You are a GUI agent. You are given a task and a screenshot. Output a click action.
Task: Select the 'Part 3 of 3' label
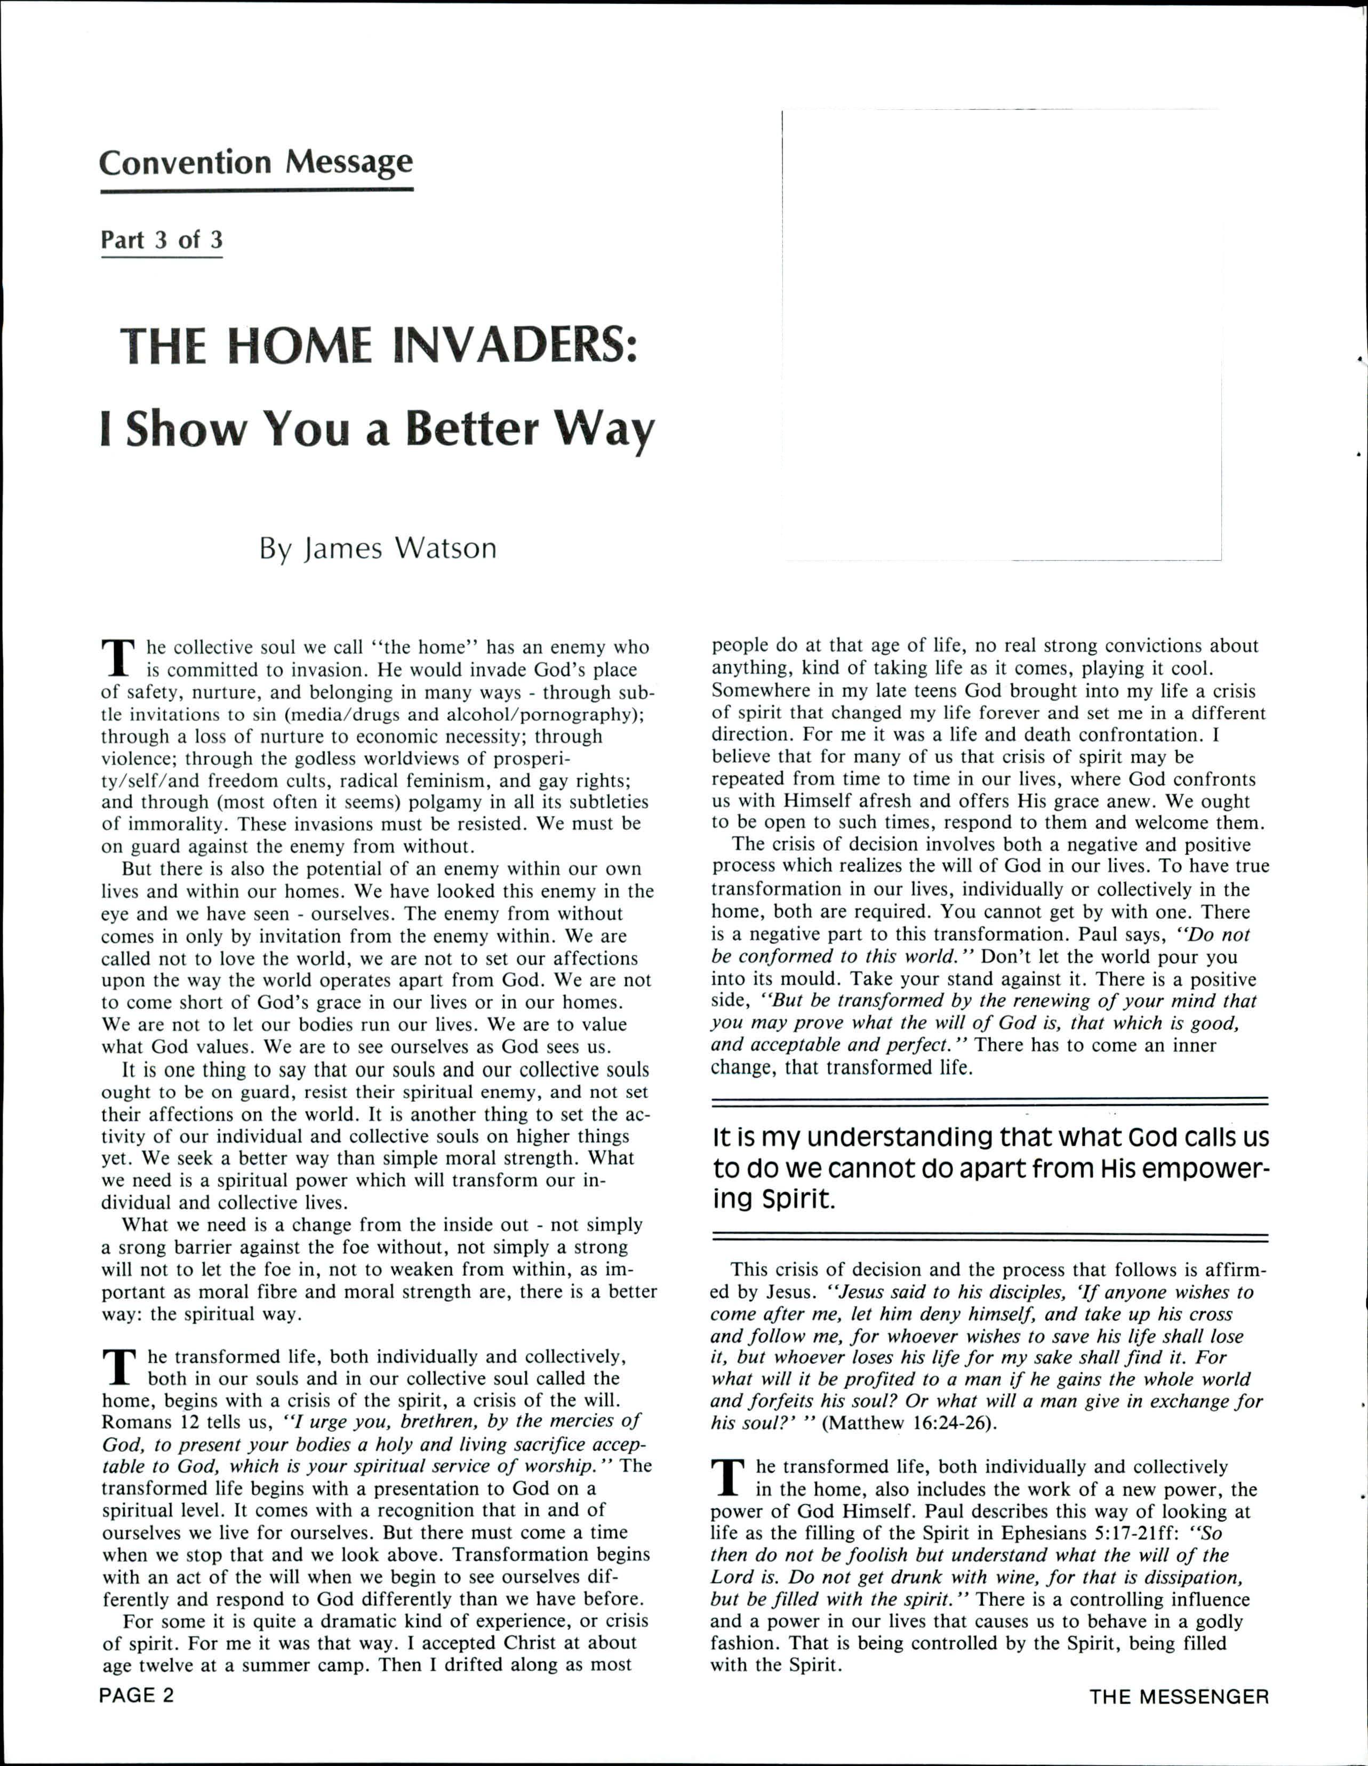[x=161, y=240]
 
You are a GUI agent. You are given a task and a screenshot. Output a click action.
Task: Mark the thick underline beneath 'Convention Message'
[x=257, y=190]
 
